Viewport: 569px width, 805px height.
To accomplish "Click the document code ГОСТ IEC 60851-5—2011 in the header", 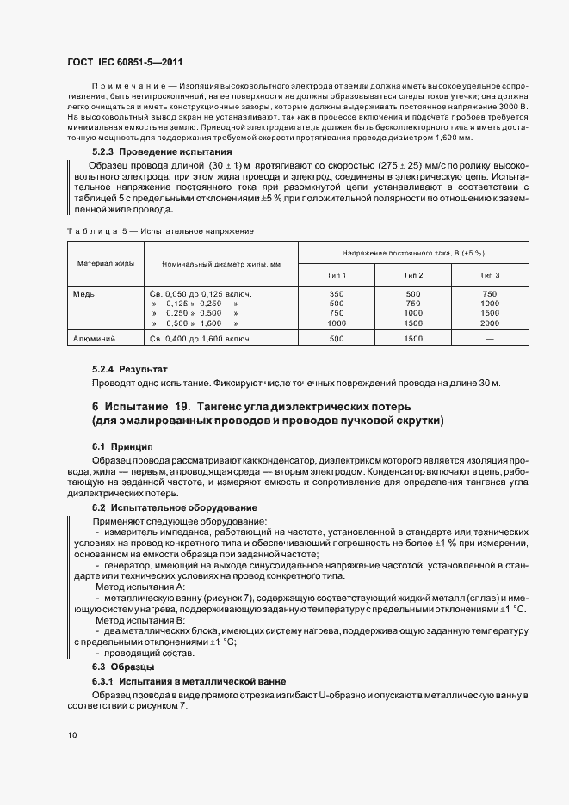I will click(x=125, y=63).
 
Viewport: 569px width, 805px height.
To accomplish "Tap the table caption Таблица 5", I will click(x=159, y=231).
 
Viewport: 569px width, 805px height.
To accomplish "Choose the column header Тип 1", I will click(x=337, y=274).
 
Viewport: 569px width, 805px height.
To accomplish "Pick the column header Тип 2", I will click(x=413, y=274).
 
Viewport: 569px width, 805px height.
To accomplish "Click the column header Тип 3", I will click(x=490, y=274).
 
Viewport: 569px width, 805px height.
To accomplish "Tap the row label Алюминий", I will click(x=96, y=339).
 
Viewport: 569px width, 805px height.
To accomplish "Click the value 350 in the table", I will click(x=337, y=293).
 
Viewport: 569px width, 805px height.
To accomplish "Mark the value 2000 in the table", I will click(x=490, y=323).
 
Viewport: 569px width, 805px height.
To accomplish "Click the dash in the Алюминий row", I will click(x=490, y=339).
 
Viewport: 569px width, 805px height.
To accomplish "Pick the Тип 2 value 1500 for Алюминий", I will click(x=413, y=339).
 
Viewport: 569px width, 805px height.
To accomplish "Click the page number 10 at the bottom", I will click(x=72, y=735).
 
